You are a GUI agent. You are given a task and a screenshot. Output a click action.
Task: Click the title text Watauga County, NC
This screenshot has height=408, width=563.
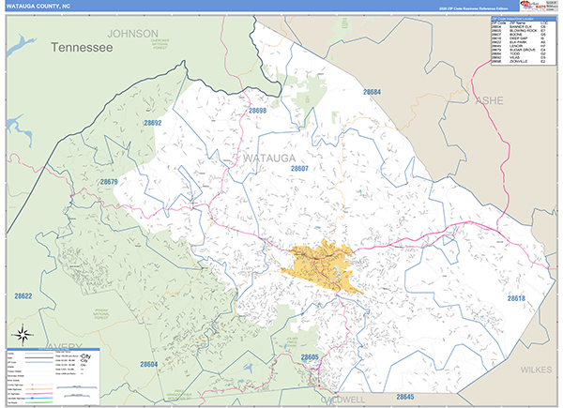(39, 7)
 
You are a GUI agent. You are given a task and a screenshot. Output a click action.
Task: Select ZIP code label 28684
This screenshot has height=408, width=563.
(373, 92)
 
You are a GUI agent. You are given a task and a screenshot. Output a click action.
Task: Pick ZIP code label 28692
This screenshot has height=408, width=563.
(153, 123)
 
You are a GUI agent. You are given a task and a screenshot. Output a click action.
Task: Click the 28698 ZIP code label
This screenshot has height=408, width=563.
(258, 111)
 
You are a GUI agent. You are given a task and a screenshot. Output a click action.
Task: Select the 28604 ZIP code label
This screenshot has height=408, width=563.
(148, 364)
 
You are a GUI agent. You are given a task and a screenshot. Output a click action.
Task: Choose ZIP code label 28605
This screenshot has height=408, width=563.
(310, 357)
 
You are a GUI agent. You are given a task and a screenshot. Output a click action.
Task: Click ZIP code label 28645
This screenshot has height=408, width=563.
(405, 397)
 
